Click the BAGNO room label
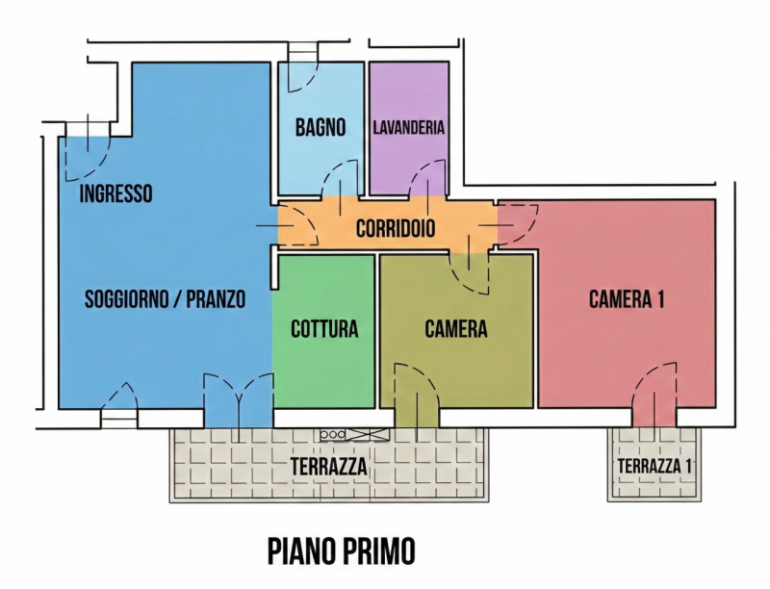tap(321, 128)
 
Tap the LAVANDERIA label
tap(408, 128)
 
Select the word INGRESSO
tap(115, 193)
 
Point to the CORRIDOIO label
tap(396, 228)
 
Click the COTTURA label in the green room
tap(324, 329)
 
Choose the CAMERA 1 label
tap(627, 299)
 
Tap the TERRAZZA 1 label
tap(654, 466)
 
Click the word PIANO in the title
tap(299, 551)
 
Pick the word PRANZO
tap(216, 299)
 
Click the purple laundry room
tap(409, 128)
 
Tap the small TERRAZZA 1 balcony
tap(654, 465)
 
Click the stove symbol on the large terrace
tap(354, 434)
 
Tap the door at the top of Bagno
tap(303, 68)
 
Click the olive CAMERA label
tap(456, 329)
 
